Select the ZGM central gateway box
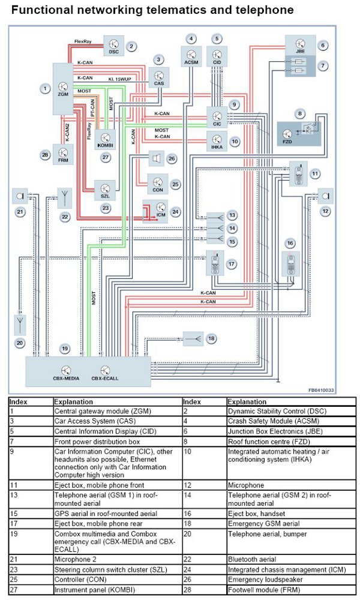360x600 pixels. pos(64,88)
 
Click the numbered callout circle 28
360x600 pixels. pos(44,155)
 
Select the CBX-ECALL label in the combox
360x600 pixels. pos(105,379)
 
